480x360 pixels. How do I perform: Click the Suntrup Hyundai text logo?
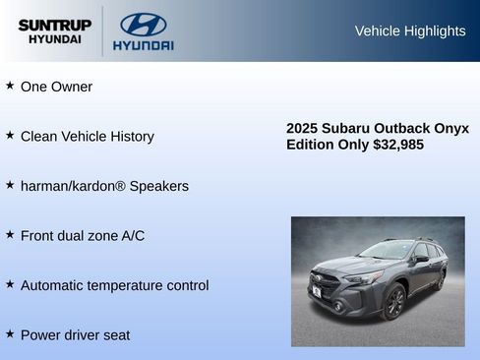54,30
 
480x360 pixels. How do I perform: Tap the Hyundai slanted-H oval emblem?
143,25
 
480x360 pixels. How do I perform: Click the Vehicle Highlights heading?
409,30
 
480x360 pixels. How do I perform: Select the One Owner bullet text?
56,87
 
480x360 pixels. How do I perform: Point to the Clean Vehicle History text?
87,136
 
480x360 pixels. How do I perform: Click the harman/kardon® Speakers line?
104,186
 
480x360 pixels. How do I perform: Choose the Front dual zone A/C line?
82,235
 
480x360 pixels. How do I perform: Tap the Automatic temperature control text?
114,285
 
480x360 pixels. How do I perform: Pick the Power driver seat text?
75,334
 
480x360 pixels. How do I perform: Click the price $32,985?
398,145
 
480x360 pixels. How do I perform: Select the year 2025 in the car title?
303,128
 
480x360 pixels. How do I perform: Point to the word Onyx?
452,128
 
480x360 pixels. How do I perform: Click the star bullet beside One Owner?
10,86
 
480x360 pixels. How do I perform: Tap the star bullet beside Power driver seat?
10,333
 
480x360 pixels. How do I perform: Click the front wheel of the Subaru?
395,302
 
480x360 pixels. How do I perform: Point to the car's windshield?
386,251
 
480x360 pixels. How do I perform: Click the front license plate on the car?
317,291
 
